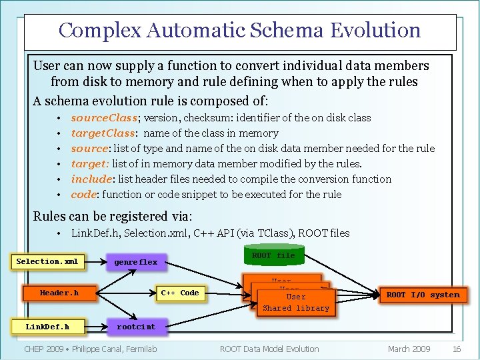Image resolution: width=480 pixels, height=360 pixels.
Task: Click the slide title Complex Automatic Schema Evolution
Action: click(x=239, y=31)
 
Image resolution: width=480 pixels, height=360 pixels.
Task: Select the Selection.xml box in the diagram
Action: click(x=47, y=261)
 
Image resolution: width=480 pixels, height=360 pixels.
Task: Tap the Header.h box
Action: click(x=59, y=293)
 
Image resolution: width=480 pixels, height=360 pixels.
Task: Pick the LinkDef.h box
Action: click(x=47, y=327)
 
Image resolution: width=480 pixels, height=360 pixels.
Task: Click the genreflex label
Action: click(x=135, y=262)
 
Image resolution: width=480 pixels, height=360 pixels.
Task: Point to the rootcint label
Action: click(x=136, y=327)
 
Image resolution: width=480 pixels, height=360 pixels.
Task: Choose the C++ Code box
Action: click(x=180, y=293)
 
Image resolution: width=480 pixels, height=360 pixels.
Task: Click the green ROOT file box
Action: click(x=273, y=256)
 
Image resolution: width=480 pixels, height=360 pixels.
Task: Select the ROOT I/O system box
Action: click(x=423, y=295)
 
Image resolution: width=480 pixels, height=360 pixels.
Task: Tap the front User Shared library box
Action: click(x=296, y=303)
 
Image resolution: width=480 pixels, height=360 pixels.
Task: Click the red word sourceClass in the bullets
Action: click(x=104, y=118)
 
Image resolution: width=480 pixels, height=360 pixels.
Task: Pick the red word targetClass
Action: click(x=103, y=133)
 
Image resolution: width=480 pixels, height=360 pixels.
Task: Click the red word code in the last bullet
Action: click(x=83, y=195)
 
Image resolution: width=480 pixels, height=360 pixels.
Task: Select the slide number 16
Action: click(x=457, y=349)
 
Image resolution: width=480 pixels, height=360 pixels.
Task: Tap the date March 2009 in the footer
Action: click(x=409, y=349)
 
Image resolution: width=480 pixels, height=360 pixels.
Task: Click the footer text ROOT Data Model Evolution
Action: click(x=269, y=349)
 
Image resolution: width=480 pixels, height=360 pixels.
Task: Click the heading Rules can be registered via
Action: click(x=113, y=216)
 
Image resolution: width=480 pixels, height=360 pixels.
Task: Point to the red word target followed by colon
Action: click(x=89, y=164)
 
